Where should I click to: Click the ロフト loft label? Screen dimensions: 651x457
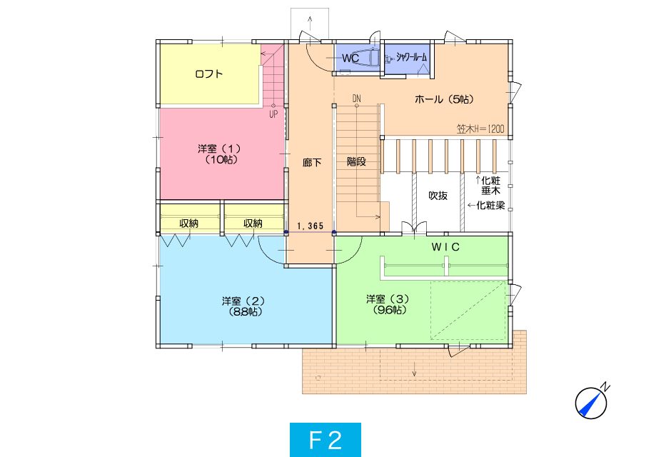[x=209, y=74]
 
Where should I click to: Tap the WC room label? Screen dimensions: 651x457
[x=350, y=58]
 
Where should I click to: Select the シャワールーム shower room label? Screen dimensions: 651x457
[x=411, y=57]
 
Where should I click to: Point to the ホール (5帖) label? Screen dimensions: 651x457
[x=444, y=99]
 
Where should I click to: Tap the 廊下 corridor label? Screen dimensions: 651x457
[x=312, y=162]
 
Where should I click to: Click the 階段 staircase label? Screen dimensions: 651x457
[x=356, y=161]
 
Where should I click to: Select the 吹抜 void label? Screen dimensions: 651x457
[x=438, y=195]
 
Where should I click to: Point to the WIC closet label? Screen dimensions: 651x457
[x=445, y=247]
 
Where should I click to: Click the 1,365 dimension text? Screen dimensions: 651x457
[x=310, y=226]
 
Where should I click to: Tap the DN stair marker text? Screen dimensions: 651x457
[x=357, y=99]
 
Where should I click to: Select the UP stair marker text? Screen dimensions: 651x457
[x=273, y=114]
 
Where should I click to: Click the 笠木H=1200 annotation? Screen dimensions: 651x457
[x=480, y=129]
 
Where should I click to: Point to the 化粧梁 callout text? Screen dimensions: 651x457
[x=490, y=205]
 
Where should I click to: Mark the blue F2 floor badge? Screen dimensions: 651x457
[x=325, y=440]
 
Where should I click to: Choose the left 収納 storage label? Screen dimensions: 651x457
[x=189, y=223]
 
